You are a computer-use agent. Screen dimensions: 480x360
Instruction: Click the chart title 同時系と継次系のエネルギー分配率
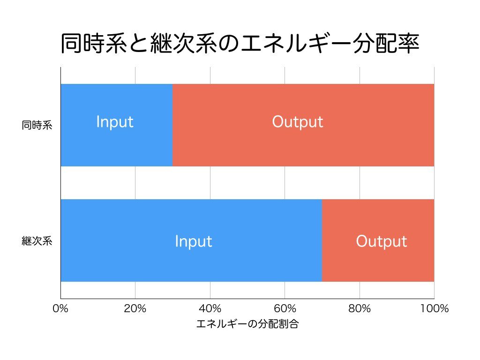coord(240,44)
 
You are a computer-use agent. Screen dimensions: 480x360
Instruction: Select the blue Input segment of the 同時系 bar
coord(117,125)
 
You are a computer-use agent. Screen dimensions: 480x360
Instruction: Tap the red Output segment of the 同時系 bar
coord(303,125)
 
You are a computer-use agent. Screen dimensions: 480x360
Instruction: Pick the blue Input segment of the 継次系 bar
coord(191,240)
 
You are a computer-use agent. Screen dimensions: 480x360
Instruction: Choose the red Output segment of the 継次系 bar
coord(378,240)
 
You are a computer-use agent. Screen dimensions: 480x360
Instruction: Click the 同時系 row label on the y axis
coord(37,125)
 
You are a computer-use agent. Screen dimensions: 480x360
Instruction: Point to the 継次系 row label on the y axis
coord(37,241)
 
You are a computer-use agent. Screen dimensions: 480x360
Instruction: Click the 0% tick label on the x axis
coord(60,308)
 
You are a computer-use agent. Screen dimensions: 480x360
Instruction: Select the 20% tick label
coord(135,308)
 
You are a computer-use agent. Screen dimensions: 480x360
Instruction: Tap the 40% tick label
coord(210,308)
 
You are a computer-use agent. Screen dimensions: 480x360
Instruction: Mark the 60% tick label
coord(285,308)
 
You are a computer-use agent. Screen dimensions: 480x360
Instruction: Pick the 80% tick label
coord(360,308)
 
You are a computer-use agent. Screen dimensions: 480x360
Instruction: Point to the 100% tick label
coord(435,308)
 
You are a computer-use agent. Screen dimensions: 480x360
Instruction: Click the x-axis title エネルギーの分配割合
coord(247,324)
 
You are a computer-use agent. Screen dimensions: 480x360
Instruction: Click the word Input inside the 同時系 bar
coord(115,122)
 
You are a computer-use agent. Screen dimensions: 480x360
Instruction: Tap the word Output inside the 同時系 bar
coord(298,122)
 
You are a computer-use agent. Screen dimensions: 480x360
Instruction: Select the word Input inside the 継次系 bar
coord(194,241)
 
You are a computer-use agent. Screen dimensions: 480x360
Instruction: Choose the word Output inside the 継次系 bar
coord(382,241)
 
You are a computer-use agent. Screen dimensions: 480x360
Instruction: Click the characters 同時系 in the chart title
coord(94,44)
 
